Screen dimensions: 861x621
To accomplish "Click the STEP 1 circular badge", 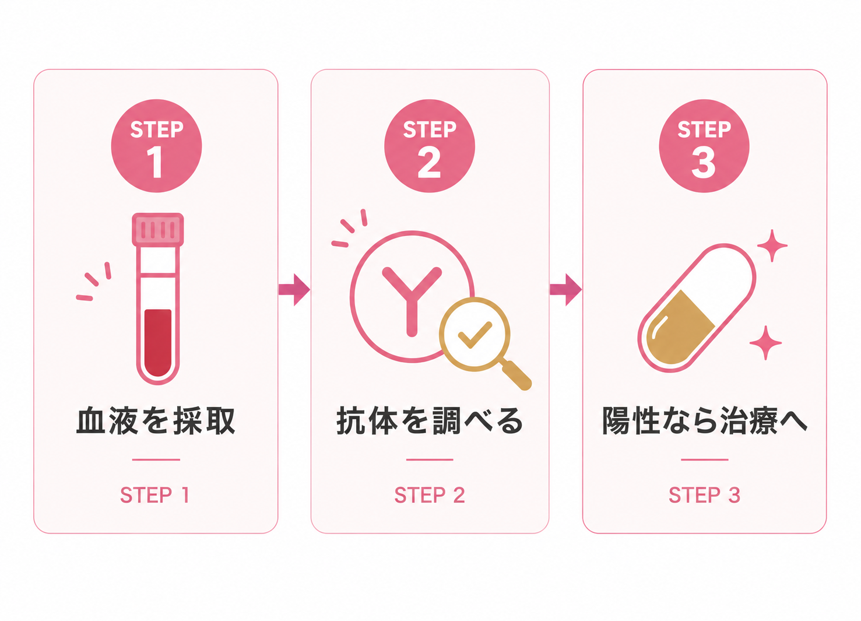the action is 156,146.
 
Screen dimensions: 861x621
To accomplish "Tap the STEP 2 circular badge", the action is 430,146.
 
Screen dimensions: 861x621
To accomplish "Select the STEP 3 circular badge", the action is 704,146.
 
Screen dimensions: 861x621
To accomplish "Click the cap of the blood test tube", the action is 157,229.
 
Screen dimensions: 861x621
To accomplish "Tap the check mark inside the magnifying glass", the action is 475,334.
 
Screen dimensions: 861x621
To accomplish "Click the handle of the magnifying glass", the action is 517,376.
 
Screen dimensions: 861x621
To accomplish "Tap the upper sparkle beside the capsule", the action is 772,245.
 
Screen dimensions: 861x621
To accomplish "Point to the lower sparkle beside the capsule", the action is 765,343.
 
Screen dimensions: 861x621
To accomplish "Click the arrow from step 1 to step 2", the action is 294,290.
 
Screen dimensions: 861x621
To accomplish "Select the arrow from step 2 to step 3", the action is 565,290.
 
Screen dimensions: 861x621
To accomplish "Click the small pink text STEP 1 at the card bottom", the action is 155,495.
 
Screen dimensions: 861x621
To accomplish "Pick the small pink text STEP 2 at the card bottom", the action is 430,495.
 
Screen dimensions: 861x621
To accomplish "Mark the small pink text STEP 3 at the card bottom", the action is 704,495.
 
